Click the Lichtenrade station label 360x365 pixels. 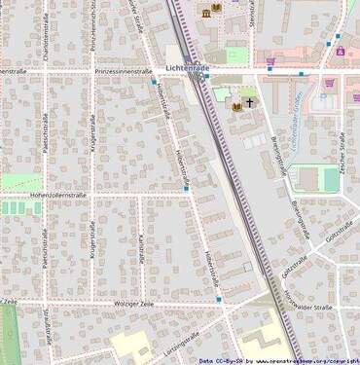coord(188,67)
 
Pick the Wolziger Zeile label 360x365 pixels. coord(136,306)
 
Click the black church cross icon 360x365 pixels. coord(249,101)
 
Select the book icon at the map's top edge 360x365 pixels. coord(215,11)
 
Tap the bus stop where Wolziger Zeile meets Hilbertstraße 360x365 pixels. coord(219,300)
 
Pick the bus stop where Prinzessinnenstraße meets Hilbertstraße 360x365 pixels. coord(153,84)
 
